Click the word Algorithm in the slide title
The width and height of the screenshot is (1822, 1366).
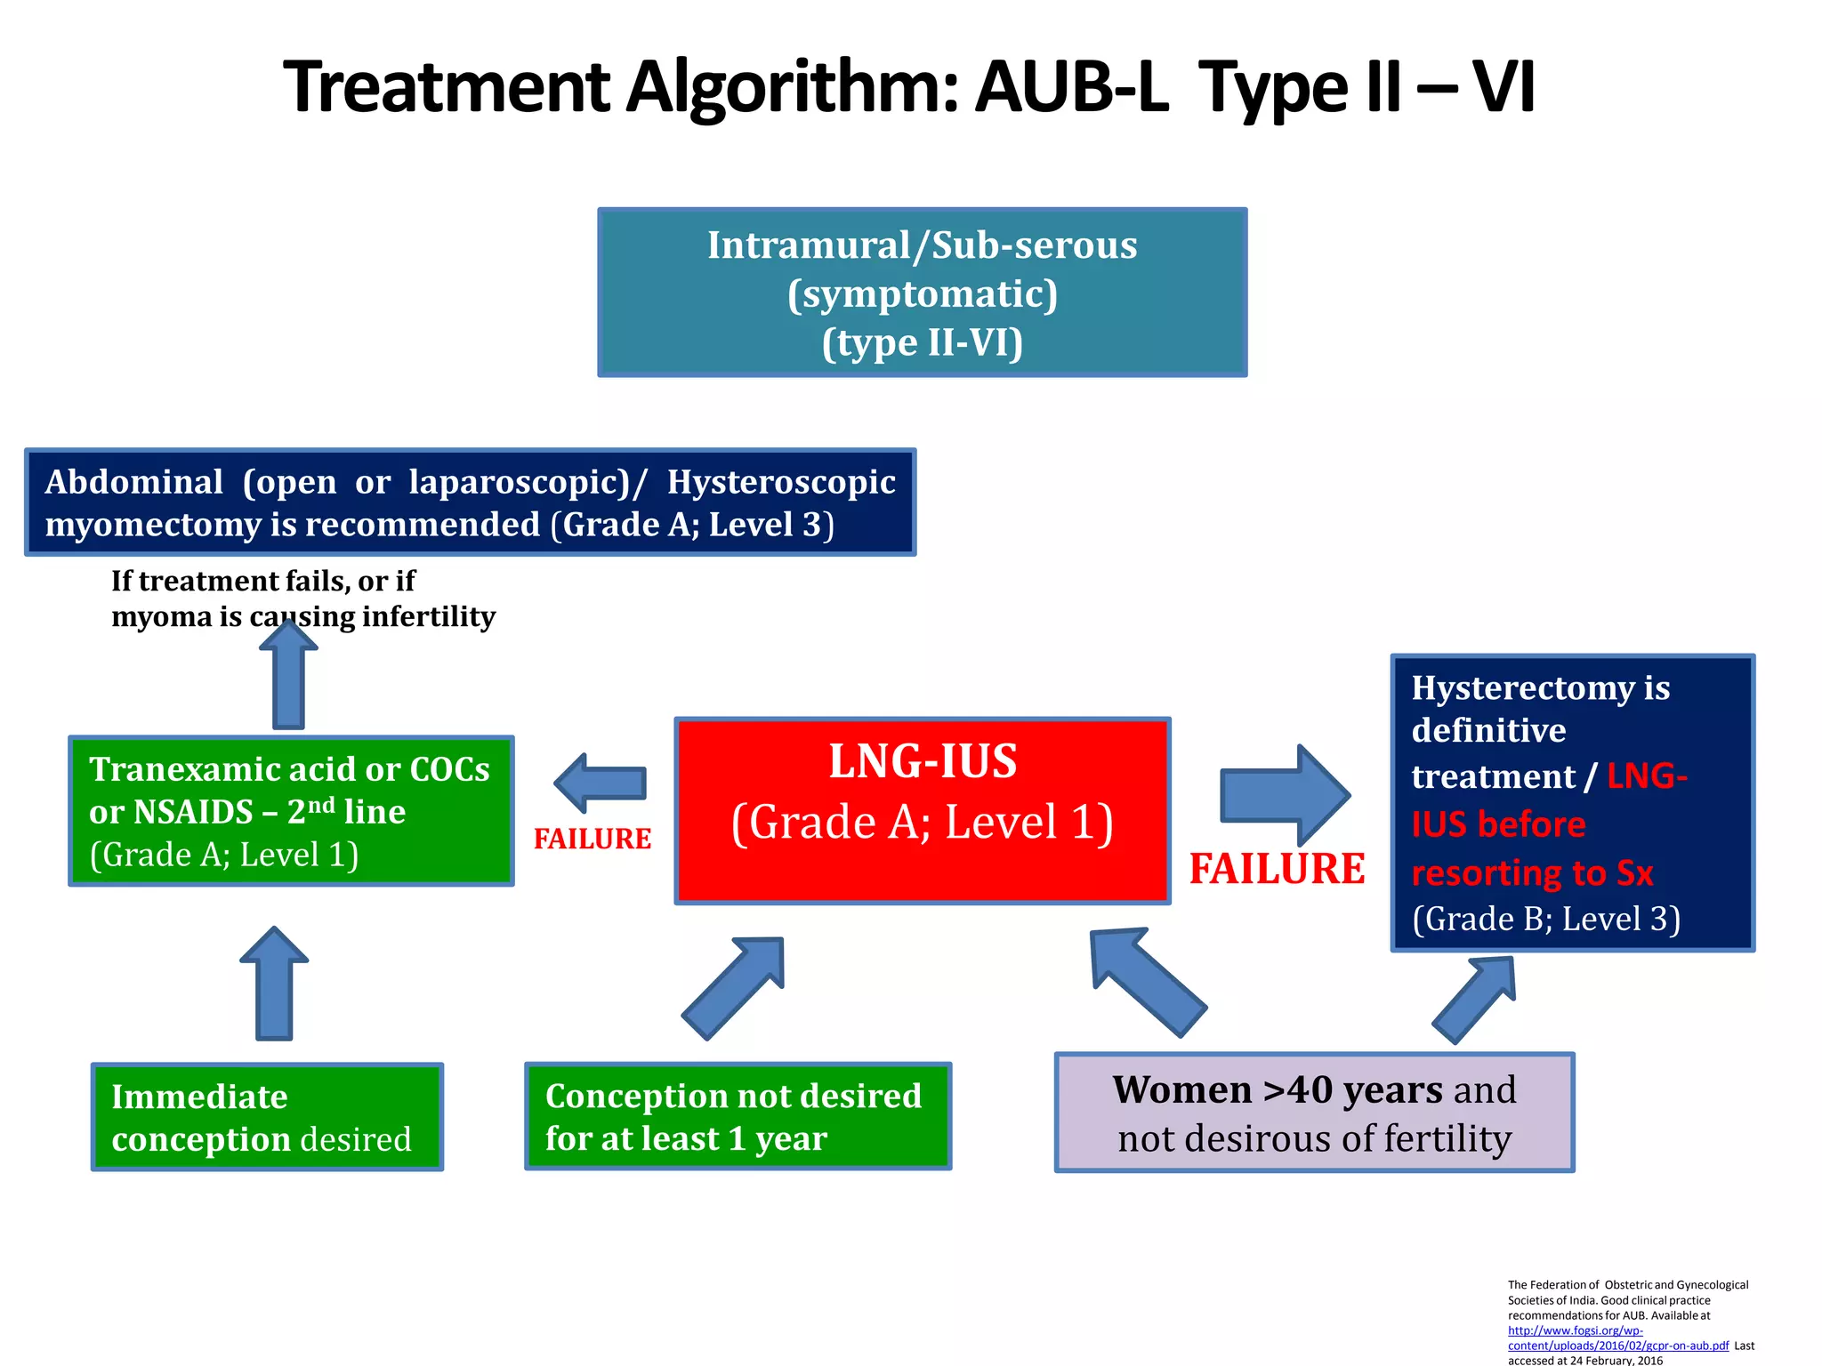pos(792,87)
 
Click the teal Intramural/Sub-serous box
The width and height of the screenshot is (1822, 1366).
pos(922,293)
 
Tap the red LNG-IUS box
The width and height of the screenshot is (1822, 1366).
pos(922,810)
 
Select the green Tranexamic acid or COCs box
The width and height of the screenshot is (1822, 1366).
pos(291,810)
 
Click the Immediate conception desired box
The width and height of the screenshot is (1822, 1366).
pos(267,1116)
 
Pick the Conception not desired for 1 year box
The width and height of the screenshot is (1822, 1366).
pos(738,1116)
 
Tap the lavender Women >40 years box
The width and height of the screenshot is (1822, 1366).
pos(1314,1113)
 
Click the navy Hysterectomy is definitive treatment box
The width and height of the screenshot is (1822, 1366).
pos(1572,802)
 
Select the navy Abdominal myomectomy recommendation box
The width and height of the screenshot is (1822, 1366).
pos(470,502)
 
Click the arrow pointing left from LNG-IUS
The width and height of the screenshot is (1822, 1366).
pos(601,783)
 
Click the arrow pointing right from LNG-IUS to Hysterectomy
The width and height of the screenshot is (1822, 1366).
pos(1284,794)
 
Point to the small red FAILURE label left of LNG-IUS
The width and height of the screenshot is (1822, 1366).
pos(593,839)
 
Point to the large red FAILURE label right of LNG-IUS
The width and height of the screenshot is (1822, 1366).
pos(1277,869)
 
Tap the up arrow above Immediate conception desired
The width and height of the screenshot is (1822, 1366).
pos(274,984)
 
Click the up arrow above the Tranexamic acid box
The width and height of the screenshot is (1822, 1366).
pos(288,676)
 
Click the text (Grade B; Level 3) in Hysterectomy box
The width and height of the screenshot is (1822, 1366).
pos(1546,919)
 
